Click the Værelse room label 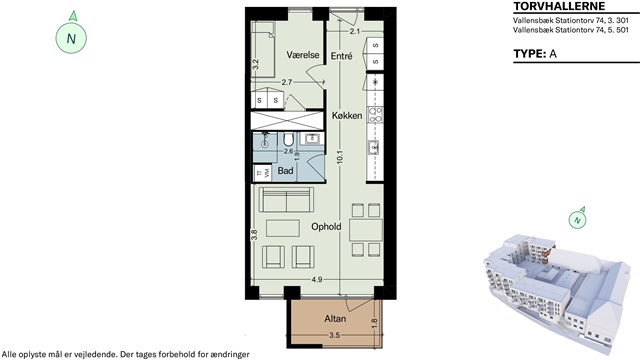click(302, 55)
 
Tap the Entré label click(341, 56)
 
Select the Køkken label click(347, 116)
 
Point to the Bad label click(285, 170)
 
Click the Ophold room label click(326, 227)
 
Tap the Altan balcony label click(335, 318)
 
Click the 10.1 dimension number click(340, 158)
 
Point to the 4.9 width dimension click(317, 280)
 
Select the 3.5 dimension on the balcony click(334, 336)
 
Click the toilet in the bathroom click(288, 140)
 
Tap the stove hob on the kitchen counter click(375, 115)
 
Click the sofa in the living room click(287, 200)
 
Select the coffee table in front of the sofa click(283, 229)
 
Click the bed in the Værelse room click(262, 49)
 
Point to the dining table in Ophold click(366, 230)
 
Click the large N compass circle click(71, 38)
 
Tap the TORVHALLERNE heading click(559, 6)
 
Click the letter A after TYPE click(553, 54)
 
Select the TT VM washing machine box click(262, 173)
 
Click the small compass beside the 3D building click(577, 220)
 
